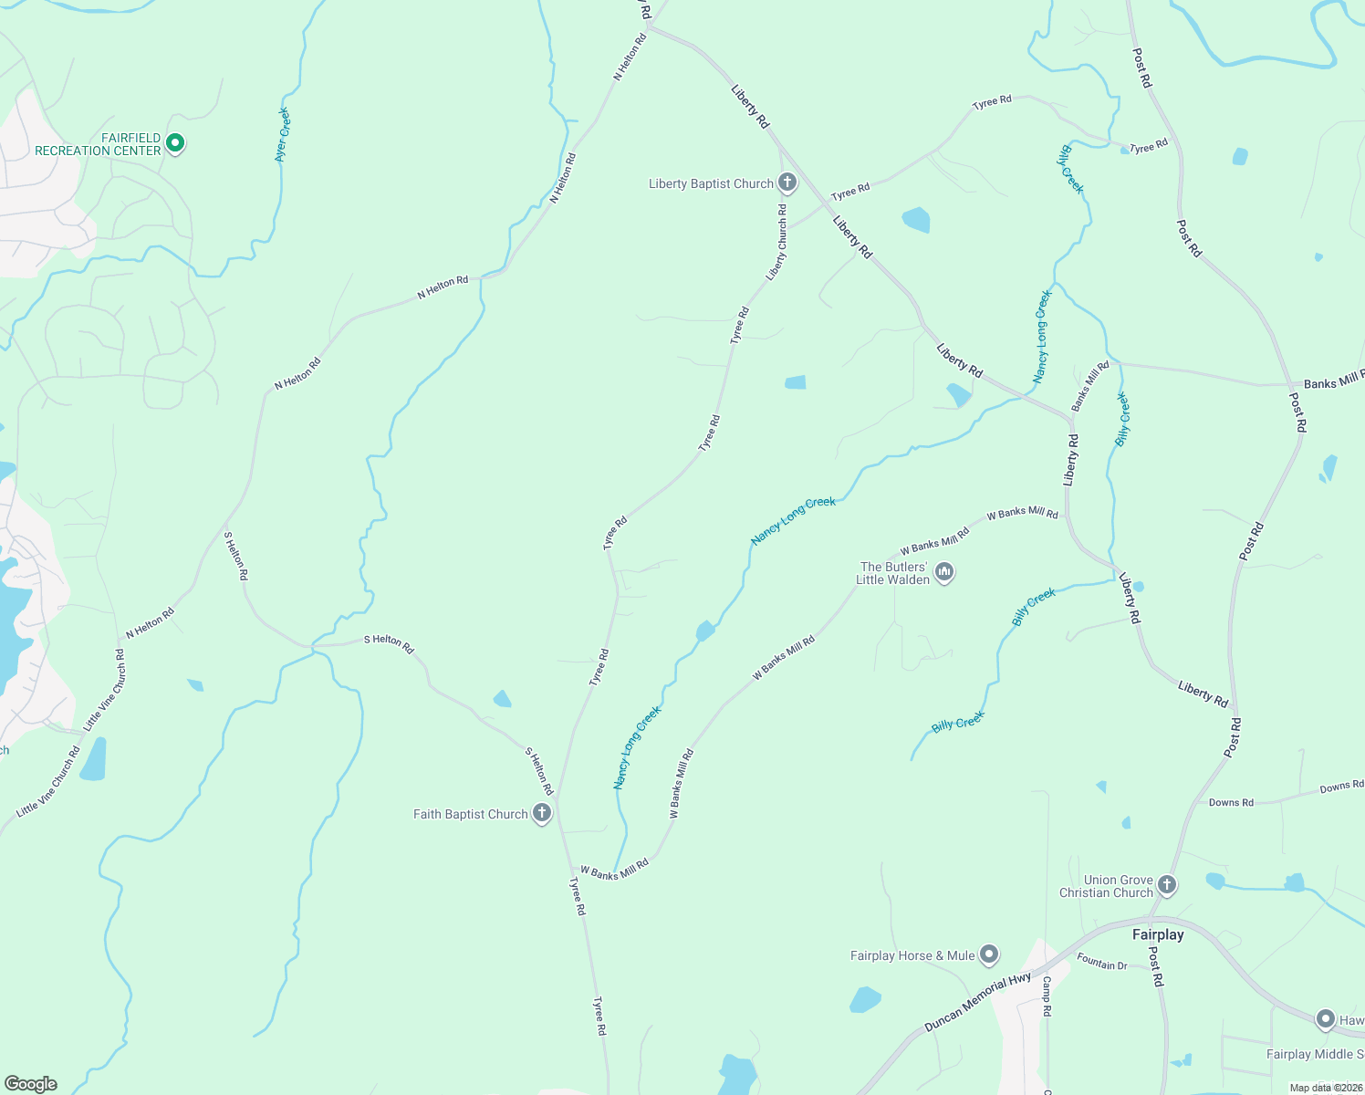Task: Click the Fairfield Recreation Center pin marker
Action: [176, 143]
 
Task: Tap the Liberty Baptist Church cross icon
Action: [787, 182]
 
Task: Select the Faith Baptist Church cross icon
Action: [542, 813]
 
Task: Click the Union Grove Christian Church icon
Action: [1167, 884]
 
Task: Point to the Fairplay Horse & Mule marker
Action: [989, 955]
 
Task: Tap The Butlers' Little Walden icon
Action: [944, 572]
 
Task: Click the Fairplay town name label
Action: [1158, 934]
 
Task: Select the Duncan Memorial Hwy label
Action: [977, 1002]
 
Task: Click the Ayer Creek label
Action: [282, 135]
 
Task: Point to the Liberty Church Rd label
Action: [776, 242]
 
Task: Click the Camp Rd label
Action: [1047, 996]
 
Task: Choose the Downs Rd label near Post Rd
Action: [1231, 803]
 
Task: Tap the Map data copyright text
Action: [1325, 1088]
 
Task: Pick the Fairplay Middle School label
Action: [1315, 1054]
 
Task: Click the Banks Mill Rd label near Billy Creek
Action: [1090, 386]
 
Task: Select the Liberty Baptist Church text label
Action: [711, 183]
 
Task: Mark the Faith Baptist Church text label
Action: [470, 814]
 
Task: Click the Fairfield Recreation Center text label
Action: [98, 144]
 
